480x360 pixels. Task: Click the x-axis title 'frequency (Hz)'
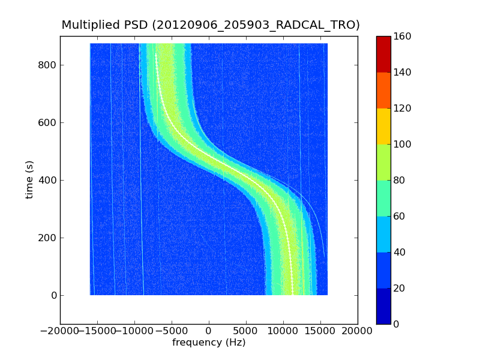(x=209, y=343)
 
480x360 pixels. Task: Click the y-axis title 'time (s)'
(x=29, y=180)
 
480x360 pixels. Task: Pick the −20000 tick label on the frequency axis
(x=58, y=331)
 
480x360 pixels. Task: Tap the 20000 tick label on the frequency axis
(x=358, y=331)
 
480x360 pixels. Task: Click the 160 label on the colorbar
(x=403, y=36)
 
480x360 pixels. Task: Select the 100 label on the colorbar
(x=403, y=144)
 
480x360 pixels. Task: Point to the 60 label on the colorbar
(x=401, y=216)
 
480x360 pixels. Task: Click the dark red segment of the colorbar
(x=383, y=54)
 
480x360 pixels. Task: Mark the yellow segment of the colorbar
(x=383, y=126)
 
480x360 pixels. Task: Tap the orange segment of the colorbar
(x=383, y=90)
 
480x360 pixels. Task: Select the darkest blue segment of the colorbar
(x=383, y=306)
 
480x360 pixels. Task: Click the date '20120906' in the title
(x=190, y=25)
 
